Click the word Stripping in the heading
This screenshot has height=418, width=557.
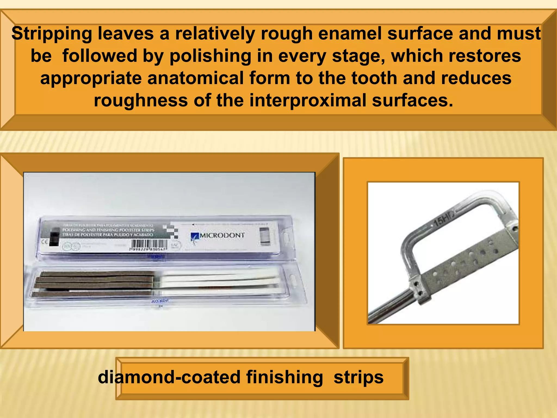coord(52,34)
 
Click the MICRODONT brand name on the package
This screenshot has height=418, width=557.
coord(222,235)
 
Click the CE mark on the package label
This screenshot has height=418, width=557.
coord(44,241)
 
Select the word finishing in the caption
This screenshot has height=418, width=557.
coord(284,377)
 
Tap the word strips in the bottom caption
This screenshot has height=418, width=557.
coord(358,377)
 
